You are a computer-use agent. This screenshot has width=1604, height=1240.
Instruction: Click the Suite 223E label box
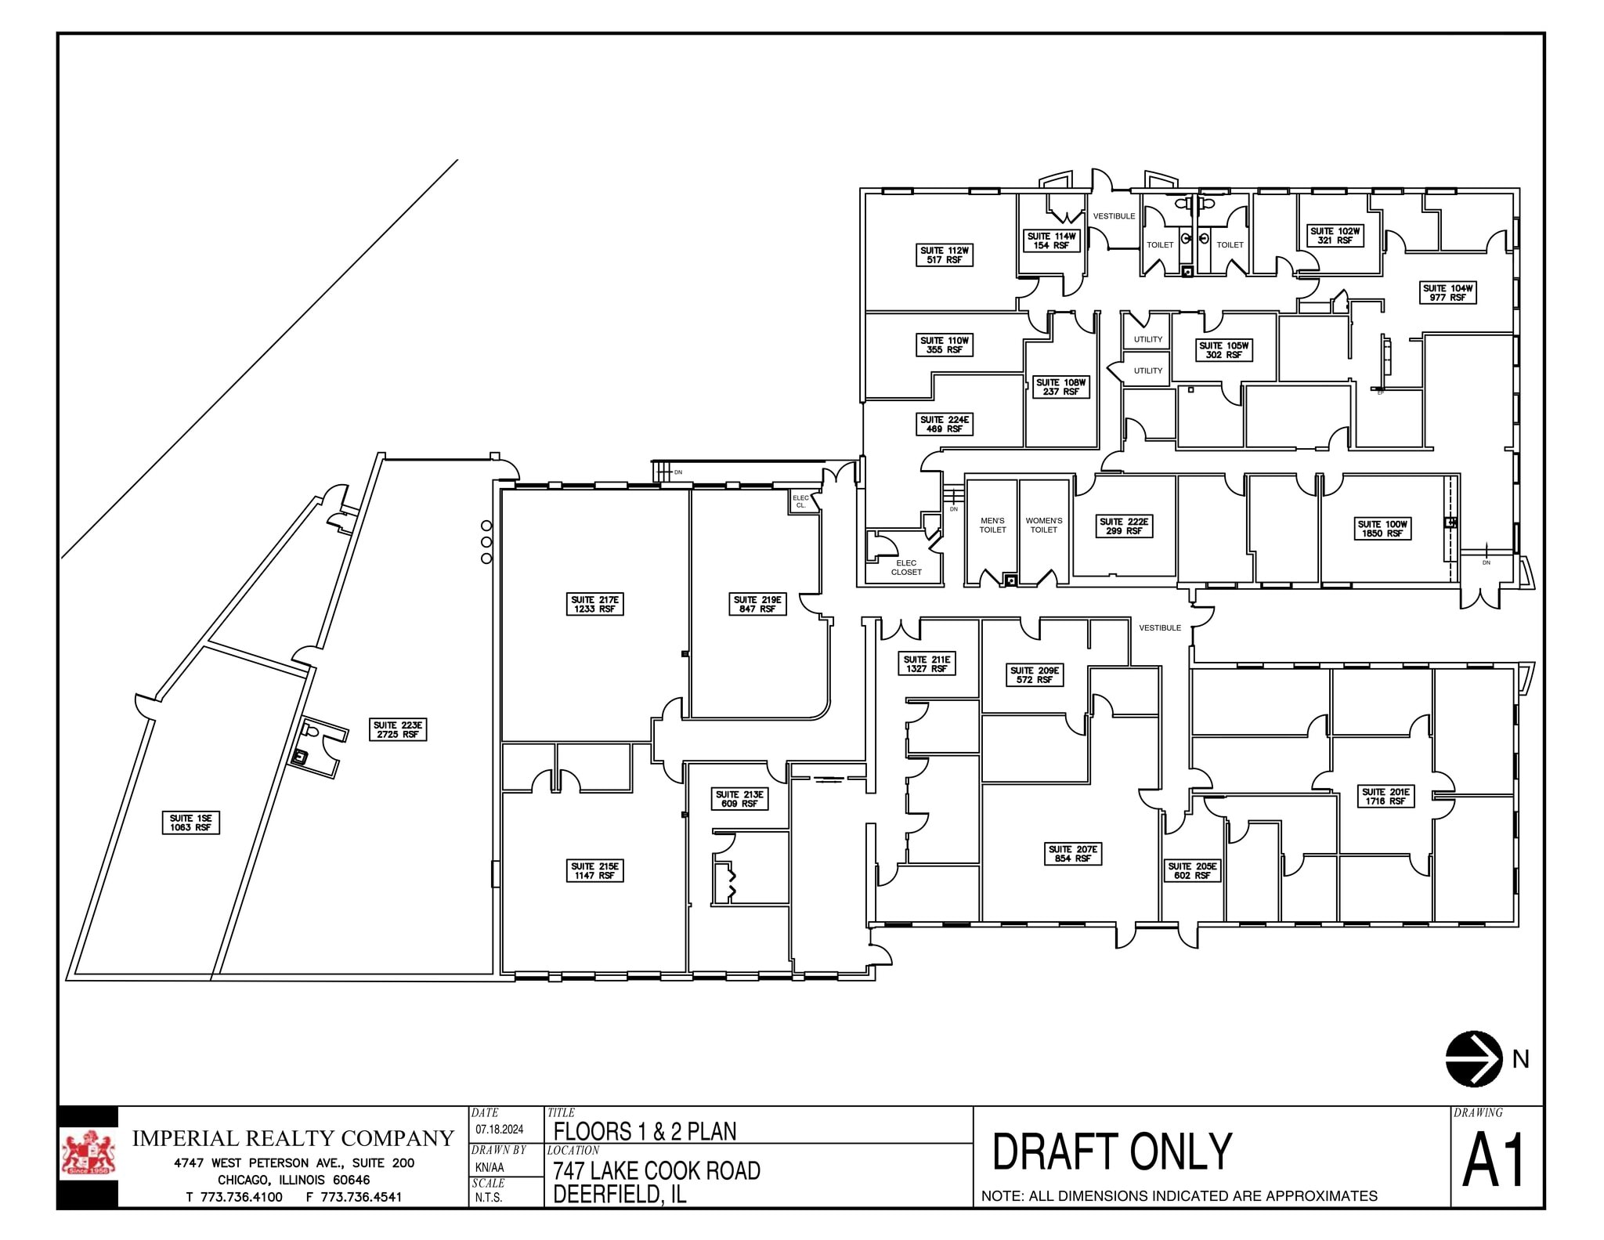click(398, 730)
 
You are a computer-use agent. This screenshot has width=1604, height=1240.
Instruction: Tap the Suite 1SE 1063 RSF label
click(191, 822)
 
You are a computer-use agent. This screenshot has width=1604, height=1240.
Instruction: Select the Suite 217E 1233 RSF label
click(595, 604)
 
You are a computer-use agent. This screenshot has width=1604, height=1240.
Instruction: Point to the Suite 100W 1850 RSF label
click(1382, 529)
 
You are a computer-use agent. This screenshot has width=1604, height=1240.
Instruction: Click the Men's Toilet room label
click(992, 525)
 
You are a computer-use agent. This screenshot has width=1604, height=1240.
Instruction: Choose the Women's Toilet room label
click(1043, 525)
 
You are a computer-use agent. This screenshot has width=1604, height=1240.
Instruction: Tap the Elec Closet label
click(906, 567)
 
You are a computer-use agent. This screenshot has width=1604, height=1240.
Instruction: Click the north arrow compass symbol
click(1473, 1058)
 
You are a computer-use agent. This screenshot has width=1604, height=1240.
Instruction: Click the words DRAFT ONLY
click(1112, 1151)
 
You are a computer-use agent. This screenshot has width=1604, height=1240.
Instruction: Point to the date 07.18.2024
click(499, 1130)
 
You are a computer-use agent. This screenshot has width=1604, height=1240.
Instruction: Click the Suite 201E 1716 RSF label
click(1385, 797)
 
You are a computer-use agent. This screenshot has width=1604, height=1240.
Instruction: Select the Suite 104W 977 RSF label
click(1447, 293)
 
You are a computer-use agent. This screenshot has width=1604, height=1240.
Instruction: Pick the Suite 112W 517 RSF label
click(945, 255)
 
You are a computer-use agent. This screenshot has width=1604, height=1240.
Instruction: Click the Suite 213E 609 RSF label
click(739, 799)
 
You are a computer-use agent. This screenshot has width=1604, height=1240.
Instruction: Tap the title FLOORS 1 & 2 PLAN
click(645, 1131)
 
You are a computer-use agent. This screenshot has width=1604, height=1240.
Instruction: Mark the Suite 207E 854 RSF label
click(1073, 854)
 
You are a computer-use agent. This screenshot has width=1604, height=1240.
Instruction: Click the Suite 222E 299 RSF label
click(1124, 526)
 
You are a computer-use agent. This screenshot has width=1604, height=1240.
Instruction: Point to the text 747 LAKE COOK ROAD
click(656, 1170)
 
